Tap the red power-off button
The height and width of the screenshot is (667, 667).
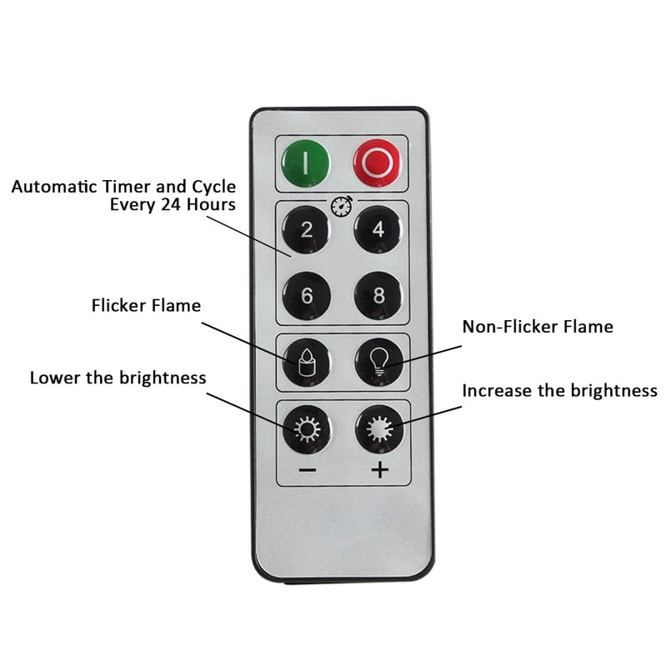[377, 163]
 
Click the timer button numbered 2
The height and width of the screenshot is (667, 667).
[306, 230]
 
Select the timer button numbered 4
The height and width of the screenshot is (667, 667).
[378, 229]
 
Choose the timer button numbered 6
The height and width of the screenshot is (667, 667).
[306, 296]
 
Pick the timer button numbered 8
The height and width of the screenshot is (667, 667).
[379, 296]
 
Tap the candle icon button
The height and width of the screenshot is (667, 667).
[306, 363]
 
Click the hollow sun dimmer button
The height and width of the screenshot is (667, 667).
[307, 429]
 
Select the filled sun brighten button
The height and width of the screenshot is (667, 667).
[379, 429]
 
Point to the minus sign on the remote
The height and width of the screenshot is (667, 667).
[308, 470]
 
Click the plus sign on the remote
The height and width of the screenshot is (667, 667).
[380, 470]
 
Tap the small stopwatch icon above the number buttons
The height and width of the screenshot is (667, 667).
[342, 206]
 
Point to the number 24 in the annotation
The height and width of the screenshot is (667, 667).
[171, 204]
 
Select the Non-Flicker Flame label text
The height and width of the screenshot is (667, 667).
[538, 327]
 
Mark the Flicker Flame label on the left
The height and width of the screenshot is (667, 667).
[146, 305]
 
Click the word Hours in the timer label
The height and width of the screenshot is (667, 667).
[211, 204]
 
